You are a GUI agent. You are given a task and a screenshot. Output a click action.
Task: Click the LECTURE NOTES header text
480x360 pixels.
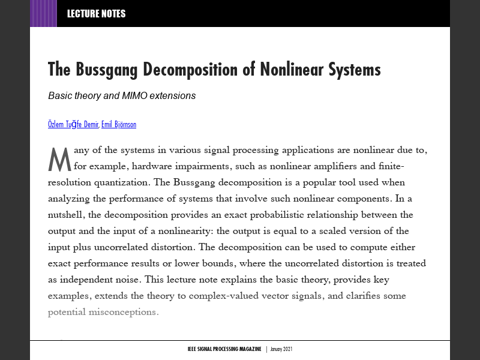point(96,14)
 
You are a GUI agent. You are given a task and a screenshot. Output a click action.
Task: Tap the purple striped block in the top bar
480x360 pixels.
point(43,14)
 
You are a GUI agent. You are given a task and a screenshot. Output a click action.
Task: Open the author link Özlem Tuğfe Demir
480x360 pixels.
point(73,125)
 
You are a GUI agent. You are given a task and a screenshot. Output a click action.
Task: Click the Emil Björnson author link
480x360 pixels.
point(119,125)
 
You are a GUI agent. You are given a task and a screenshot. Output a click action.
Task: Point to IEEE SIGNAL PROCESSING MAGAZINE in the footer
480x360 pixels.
point(224,349)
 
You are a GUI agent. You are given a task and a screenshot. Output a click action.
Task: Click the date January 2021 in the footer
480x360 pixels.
point(281,349)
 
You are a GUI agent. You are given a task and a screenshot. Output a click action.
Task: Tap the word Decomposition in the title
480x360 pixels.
point(188,70)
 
